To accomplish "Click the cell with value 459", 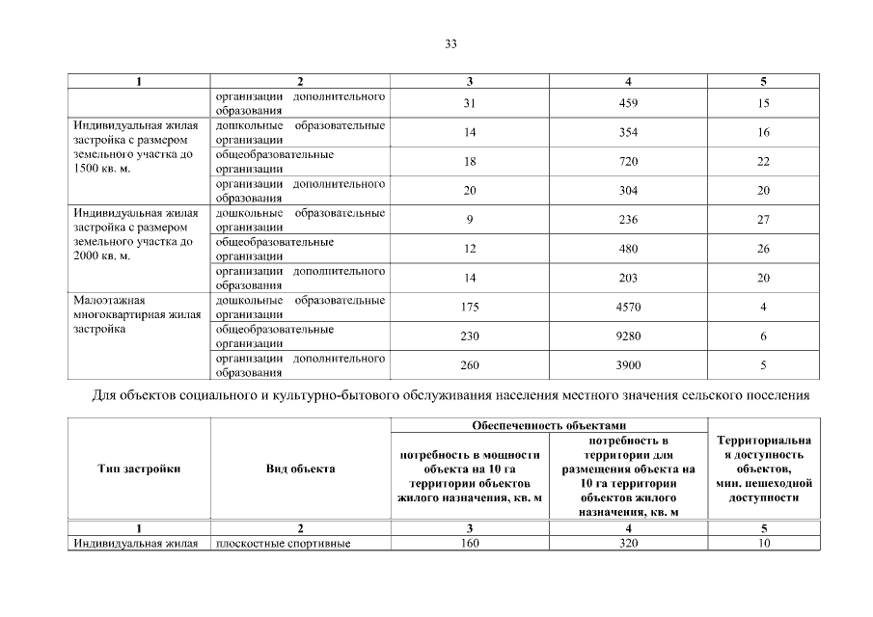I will [628, 104].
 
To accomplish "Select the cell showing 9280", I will [628, 336].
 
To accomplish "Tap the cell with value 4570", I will [628, 308].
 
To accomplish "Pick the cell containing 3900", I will [628, 365].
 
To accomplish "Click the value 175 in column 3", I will [469, 308].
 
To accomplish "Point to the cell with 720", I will [628, 162].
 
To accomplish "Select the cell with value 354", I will [628, 133].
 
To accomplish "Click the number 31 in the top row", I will [469, 104].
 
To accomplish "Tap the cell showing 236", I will [628, 220].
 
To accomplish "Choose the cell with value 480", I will [628, 249].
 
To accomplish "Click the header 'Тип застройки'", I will [139, 469].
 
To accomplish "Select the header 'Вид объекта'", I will [300, 469].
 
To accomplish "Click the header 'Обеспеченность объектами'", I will [549, 425].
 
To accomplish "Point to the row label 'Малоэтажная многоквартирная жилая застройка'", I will [135, 314].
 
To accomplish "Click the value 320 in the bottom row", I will [628, 543].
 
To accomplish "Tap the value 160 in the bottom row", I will [469, 543].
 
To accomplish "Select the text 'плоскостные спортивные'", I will [283, 544].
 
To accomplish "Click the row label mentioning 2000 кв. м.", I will [135, 234].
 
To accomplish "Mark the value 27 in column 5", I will [763, 220].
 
